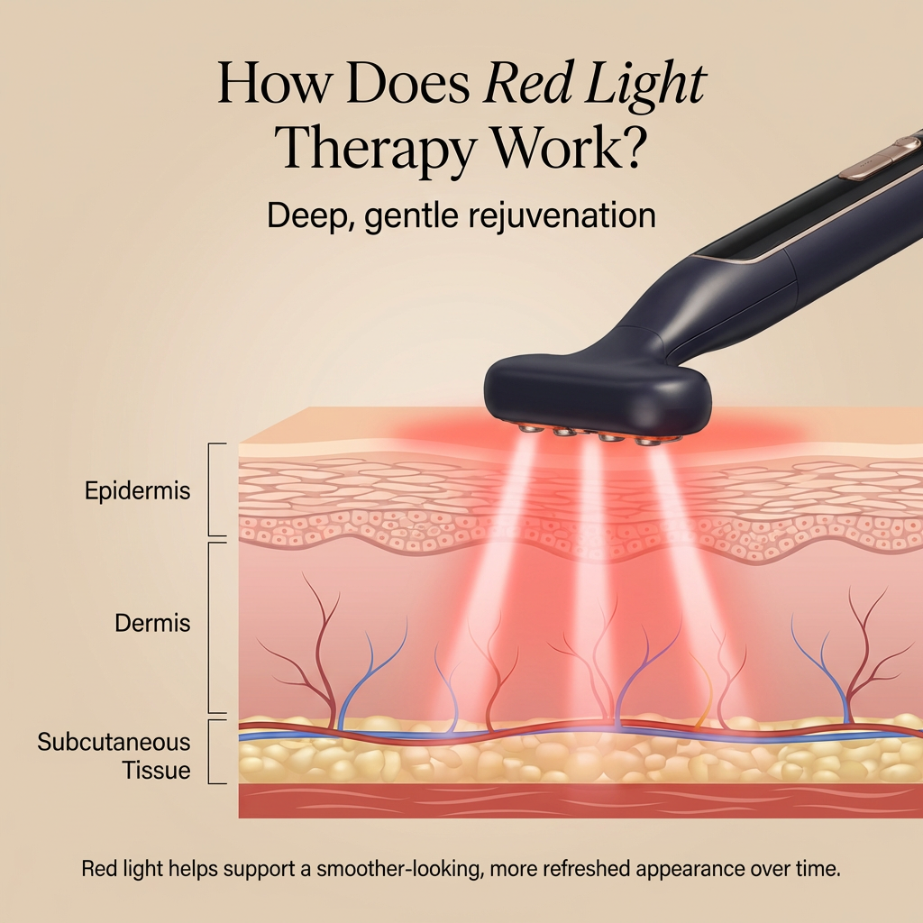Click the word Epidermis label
[x=138, y=492]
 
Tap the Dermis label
[x=153, y=623]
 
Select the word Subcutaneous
[x=114, y=742]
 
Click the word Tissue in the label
[x=156, y=771]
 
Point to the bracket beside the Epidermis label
[x=214, y=490]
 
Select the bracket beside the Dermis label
[x=214, y=627]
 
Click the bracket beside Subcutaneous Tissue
[x=214, y=752]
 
